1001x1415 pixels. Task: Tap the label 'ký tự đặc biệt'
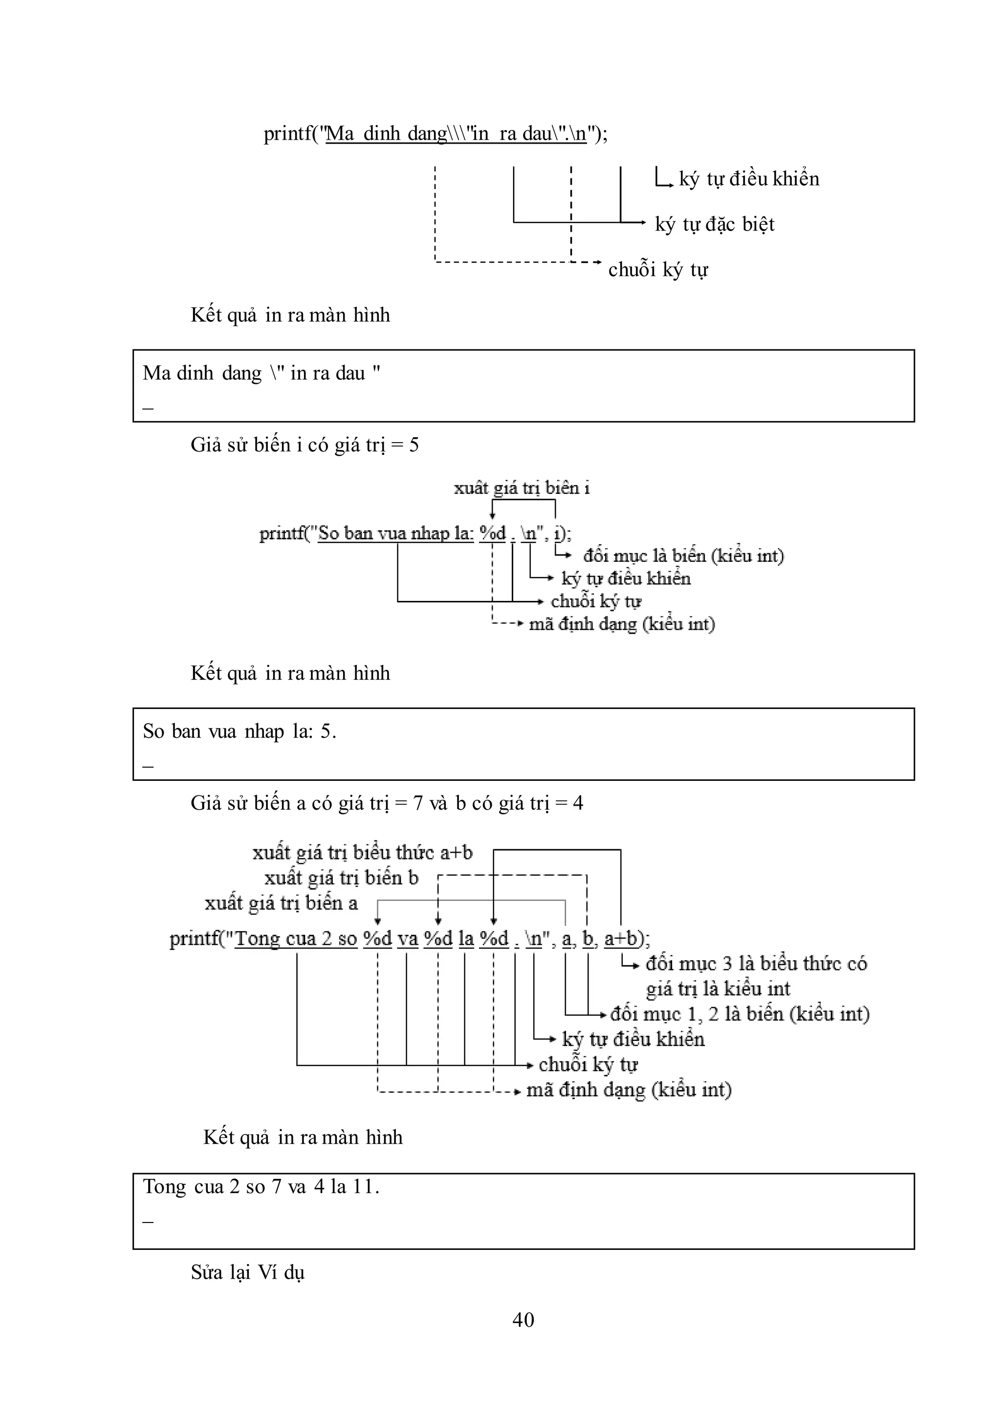point(715,224)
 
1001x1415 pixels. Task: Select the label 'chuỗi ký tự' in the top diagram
point(658,269)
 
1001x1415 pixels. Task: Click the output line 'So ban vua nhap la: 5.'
point(240,731)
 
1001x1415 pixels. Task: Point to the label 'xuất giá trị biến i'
point(522,489)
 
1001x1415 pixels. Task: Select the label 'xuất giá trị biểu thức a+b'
point(363,853)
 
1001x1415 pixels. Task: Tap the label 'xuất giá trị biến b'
point(342,878)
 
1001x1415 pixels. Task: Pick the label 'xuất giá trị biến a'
point(281,903)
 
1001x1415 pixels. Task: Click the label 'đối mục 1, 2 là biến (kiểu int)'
point(740,1014)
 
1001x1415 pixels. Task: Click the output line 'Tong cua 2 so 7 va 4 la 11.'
point(261,1186)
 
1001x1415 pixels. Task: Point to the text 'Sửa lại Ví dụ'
point(248,1273)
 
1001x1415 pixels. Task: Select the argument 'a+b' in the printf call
point(621,939)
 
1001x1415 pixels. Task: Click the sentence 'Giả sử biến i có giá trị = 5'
point(305,445)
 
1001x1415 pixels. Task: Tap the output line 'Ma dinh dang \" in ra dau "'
point(261,373)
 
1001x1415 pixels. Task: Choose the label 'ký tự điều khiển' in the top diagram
point(749,179)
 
